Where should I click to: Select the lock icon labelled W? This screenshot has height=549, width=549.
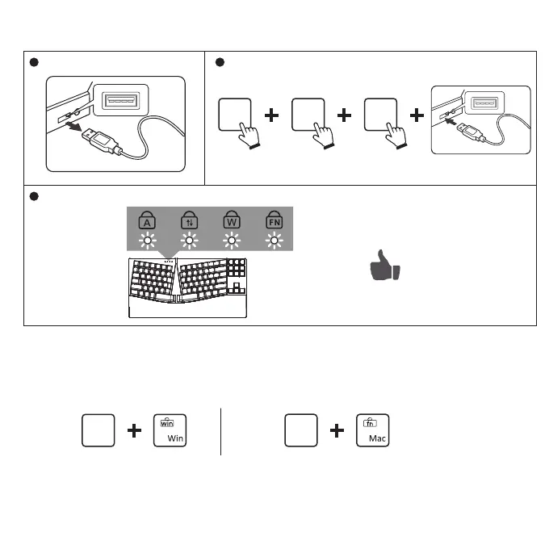[x=232, y=220]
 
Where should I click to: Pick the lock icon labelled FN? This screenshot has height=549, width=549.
[x=273, y=220]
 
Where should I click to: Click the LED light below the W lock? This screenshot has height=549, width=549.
[x=232, y=241]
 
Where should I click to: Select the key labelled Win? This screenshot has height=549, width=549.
[x=170, y=431]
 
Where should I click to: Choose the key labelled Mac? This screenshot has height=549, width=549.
[x=372, y=431]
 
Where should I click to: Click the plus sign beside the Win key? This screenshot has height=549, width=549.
[x=134, y=432]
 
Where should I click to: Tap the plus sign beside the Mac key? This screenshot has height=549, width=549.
[x=337, y=432]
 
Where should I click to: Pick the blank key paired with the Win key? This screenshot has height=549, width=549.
[x=97, y=431]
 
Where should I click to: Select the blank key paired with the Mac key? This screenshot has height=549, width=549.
[x=301, y=431]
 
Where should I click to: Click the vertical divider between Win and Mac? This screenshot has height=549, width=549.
[x=220, y=431]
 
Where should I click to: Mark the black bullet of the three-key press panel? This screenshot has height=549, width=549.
[x=217, y=63]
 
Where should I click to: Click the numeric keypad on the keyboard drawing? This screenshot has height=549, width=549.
[x=237, y=279]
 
